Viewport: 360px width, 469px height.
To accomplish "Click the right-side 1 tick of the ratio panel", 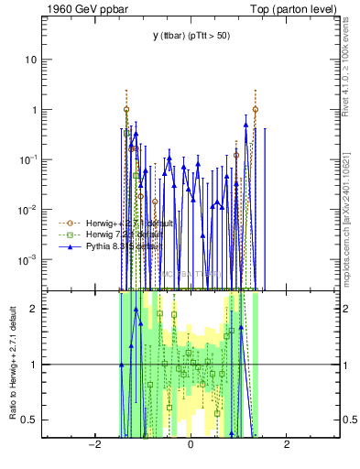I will (x=347, y=365).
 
